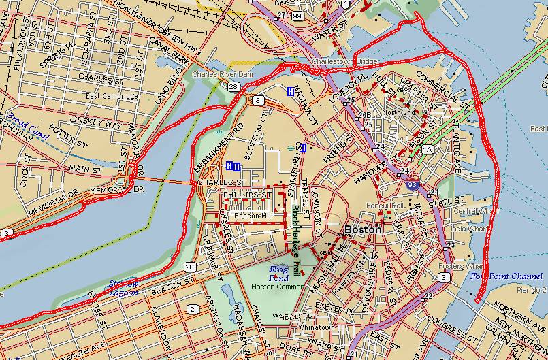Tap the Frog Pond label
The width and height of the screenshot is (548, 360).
[x=279, y=272]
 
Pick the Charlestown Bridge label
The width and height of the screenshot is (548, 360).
[x=344, y=62]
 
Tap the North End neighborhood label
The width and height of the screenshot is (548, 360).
[x=398, y=112]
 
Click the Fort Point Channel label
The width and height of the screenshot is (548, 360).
[x=506, y=277]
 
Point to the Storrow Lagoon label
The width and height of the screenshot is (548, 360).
[x=124, y=287]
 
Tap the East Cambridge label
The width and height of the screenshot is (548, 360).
[x=112, y=96]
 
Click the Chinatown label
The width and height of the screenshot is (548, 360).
[x=316, y=327]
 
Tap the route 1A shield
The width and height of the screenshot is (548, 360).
[x=427, y=148]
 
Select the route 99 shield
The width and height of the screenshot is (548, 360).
[x=296, y=15]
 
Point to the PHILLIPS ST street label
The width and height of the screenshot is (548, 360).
[x=246, y=195]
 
